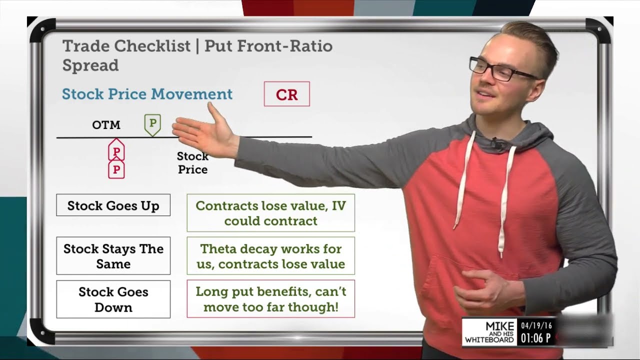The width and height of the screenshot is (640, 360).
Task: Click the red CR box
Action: tap(286, 94)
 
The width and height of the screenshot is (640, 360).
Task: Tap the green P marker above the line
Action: tap(152, 123)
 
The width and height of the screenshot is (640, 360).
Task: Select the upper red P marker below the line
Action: tap(116, 151)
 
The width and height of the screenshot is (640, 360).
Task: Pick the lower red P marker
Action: tap(116, 169)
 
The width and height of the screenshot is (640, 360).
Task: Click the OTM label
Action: tap(106, 125)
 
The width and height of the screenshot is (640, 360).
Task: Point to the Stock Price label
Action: tap(192, 163)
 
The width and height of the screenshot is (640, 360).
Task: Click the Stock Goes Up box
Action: tap(113, 205)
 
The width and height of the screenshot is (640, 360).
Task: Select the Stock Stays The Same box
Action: tap(113, 256)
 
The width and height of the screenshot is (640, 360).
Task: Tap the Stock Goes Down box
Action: tap(113, 299)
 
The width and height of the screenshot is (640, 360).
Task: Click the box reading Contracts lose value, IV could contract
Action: tap(270, 213)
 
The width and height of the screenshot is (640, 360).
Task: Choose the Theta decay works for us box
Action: tap(270, 256)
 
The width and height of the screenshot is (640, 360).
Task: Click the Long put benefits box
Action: tap(270, 299)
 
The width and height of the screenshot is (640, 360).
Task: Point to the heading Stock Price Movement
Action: tap(147, 94)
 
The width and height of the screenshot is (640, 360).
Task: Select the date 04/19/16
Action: tap(536, 325)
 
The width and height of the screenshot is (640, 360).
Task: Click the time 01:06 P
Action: tap(536, 338)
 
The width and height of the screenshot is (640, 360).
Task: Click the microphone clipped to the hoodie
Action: tap(496, 145)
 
